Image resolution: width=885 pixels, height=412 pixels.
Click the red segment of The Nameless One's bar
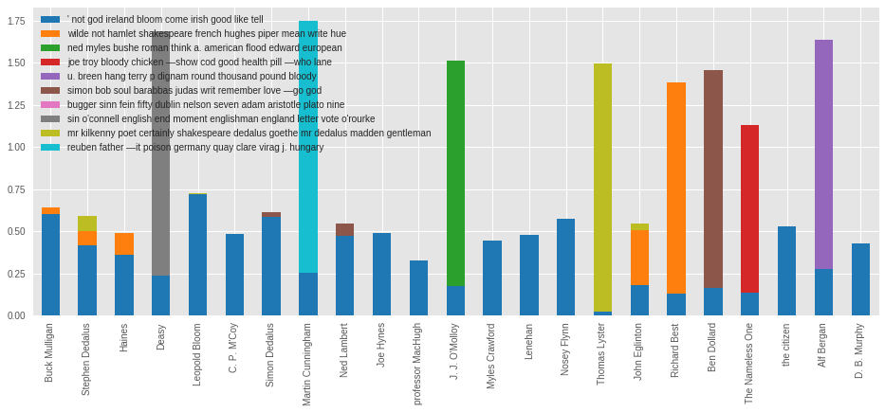[x=749, y=208]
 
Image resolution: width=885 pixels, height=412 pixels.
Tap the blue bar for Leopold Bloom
[x=197, y=255]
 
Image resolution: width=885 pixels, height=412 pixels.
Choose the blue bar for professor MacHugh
[x=418, y=288]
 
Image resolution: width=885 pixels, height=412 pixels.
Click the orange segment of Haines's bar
[x=124, y=243]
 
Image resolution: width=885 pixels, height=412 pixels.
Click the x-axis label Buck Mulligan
[x=49, y=352]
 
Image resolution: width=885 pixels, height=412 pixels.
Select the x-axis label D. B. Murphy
[x=860, y=351]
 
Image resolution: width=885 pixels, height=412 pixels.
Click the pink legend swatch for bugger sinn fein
[x=50, y=104]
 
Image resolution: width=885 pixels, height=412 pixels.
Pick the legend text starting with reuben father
[x=195, y=147]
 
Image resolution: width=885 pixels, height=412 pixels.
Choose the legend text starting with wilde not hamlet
[x=207, y=33]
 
